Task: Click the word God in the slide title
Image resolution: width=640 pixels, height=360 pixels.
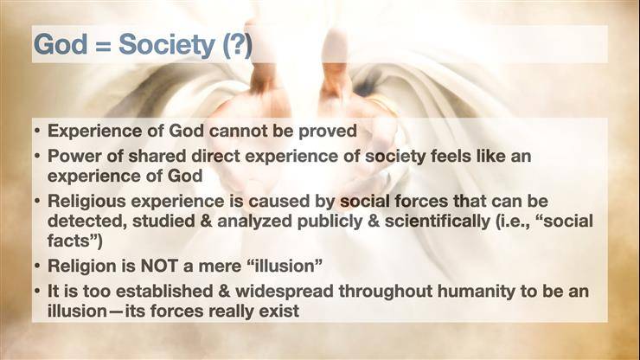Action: coord(61,44)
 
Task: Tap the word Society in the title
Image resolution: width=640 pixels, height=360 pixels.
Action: coord(167,45)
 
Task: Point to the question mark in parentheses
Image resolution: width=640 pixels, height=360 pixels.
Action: coord(237,45)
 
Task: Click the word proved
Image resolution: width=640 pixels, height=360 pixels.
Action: coord(328,132)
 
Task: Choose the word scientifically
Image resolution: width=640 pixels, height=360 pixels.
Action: coord(438,221)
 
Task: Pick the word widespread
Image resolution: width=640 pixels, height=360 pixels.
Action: coord(285,292)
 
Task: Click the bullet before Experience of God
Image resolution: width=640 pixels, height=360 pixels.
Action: coord(37,132)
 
